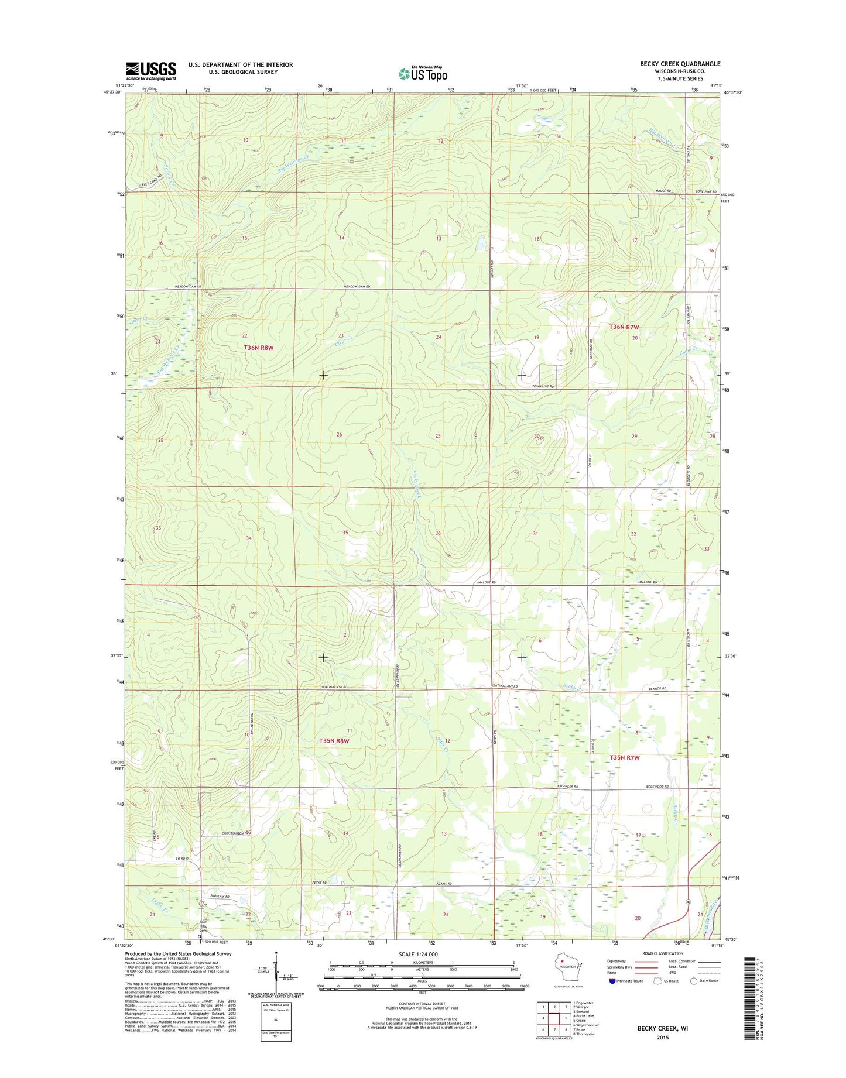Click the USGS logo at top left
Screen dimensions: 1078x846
(x=150, y=71)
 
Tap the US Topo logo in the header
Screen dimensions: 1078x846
(x=423, y=73)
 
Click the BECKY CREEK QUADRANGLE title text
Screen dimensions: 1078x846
(x=680, y=64)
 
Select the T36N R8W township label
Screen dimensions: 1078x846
(x=258, y=348)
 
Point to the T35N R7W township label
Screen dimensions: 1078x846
(x=625, y=758)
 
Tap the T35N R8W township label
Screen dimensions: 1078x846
(x=334, y=741)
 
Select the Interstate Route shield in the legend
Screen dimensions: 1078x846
(x=612, y=981)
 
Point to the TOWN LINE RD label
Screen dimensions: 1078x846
(x=542, y=387)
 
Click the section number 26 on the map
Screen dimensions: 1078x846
(x=339, y=435)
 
